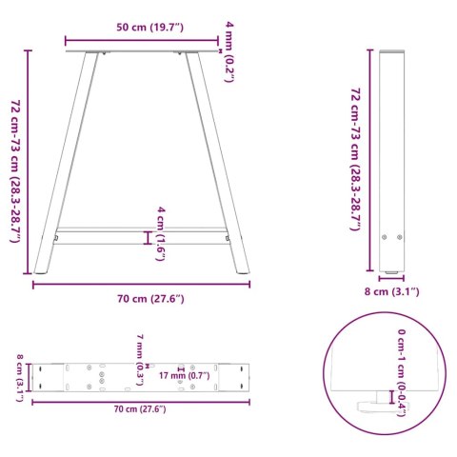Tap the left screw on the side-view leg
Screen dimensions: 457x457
coord(386,238)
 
